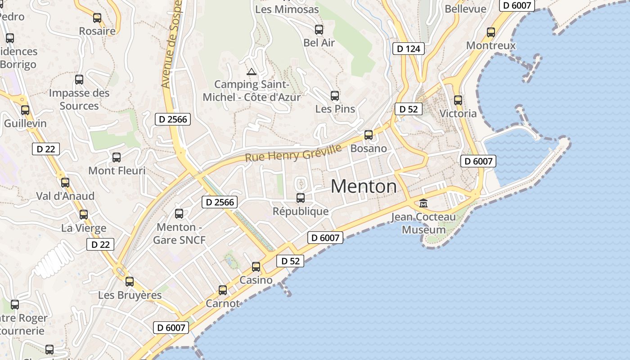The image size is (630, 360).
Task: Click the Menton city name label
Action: [364, 186]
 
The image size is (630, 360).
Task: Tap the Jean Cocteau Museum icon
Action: [423, 203]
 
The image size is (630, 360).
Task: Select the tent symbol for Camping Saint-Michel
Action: [251, 71]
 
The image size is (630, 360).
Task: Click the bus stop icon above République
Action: [301, 198]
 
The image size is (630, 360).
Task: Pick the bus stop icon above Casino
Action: [256, 267]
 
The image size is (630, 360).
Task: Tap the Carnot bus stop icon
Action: [223, 290]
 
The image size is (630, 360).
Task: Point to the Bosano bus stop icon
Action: [369, 135]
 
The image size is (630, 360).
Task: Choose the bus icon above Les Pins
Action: [335, 95]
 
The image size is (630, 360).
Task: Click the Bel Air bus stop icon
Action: [319, 30]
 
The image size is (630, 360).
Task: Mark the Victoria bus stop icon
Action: [458, 100]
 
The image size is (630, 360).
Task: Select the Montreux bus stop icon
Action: [491, 32]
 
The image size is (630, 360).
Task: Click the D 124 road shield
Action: [409, 49]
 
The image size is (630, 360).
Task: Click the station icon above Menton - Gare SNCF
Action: [179, 214]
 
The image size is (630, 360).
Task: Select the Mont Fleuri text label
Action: [117, 171]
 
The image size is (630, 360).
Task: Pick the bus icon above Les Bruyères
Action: [130, 282]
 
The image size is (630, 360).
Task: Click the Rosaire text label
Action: [97, 31]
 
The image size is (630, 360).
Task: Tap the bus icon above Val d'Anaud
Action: [65, 183]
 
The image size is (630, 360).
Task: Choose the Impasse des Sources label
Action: [79, 99]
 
